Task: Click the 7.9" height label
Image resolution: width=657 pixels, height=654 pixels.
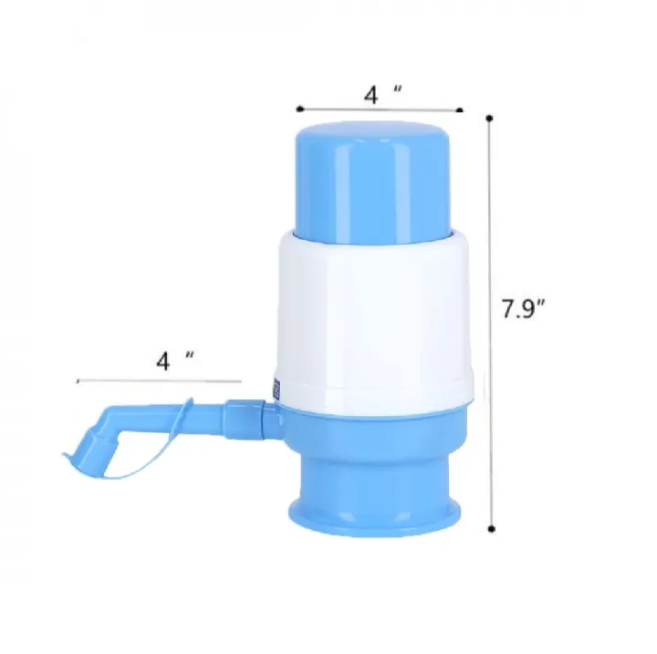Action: [x=523, y=308]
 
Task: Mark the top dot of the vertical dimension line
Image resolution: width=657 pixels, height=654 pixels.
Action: [x=490, y=118]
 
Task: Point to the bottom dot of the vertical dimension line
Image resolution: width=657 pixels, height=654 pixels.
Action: [x=492, y=528]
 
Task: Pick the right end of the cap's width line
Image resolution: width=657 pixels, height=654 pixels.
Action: [x=461, y=111]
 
